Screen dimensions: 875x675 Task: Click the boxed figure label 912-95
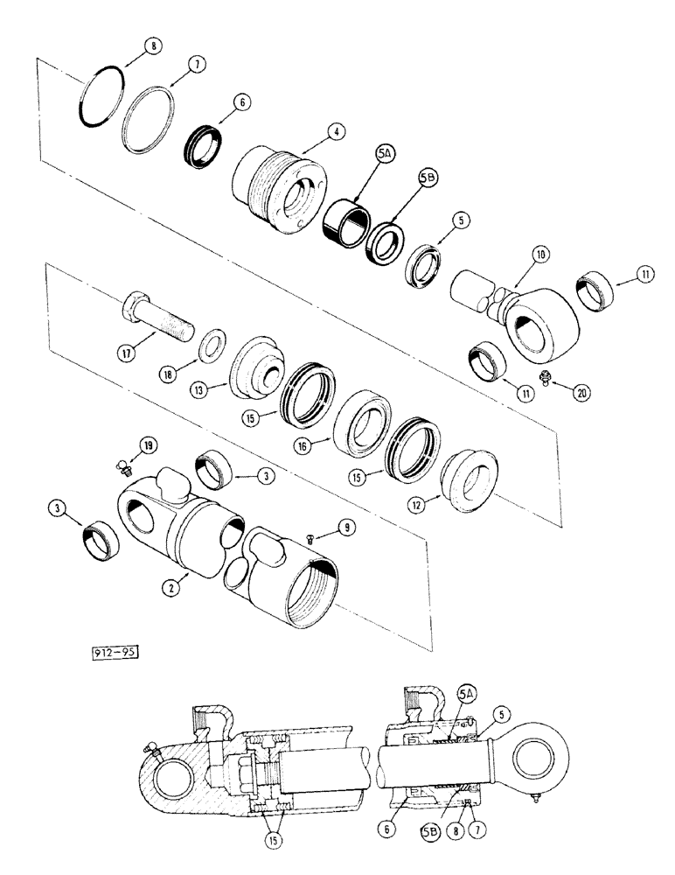coord(116,651)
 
